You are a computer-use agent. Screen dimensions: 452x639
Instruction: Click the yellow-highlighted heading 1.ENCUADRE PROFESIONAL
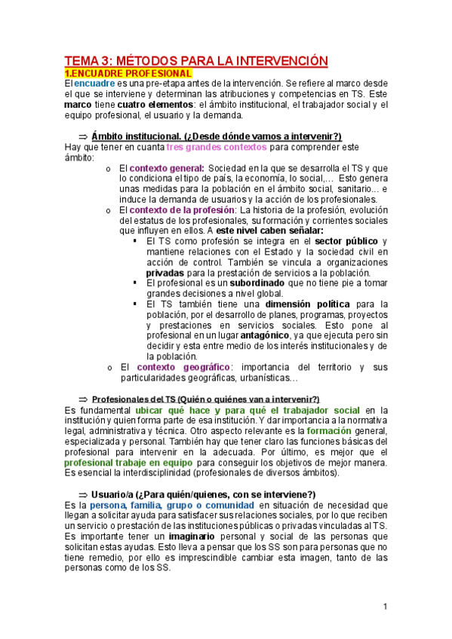[x=128, y=73]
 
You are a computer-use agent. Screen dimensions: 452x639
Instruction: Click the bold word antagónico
[x=263, y=335]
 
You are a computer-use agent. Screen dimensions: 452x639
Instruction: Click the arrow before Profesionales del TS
[x=84, y=399]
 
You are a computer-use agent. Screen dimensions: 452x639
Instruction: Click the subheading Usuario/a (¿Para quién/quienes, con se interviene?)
[x=202, y=494]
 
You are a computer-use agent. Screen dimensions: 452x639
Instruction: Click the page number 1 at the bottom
[x=384, y=607]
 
